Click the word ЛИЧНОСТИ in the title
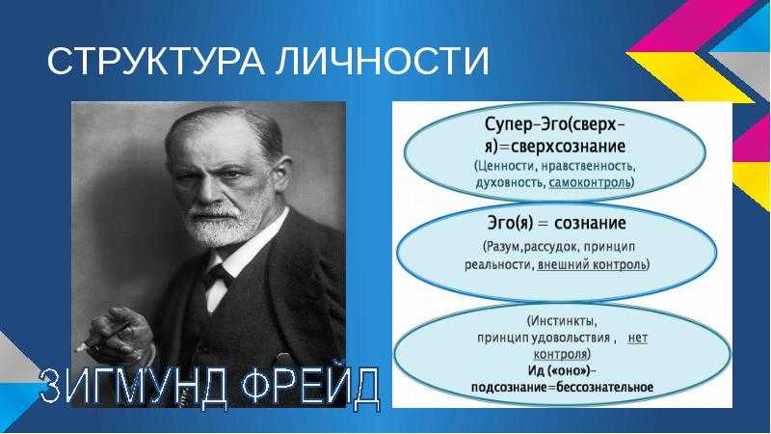coord(382,62)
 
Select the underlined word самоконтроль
coord(590,183)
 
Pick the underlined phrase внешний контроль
coord(592,264)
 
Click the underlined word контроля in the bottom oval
coord(561,354)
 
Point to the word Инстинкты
coord(564,321)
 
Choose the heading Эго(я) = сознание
coord(556,224)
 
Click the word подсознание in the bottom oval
coord(509,388)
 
